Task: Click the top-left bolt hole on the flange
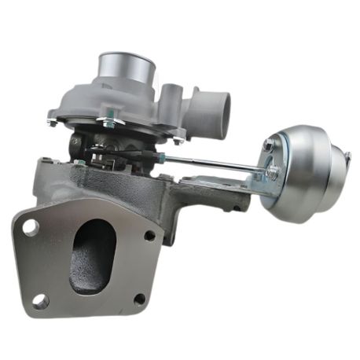(31, 228)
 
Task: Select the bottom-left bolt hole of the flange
(40, 299)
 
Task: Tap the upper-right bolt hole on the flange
(149, 235)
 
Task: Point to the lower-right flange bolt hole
(139, 298)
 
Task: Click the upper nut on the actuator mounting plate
(270, 145)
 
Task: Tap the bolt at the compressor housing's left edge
(53, 122)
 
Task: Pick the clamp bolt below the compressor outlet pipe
(180, 139)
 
